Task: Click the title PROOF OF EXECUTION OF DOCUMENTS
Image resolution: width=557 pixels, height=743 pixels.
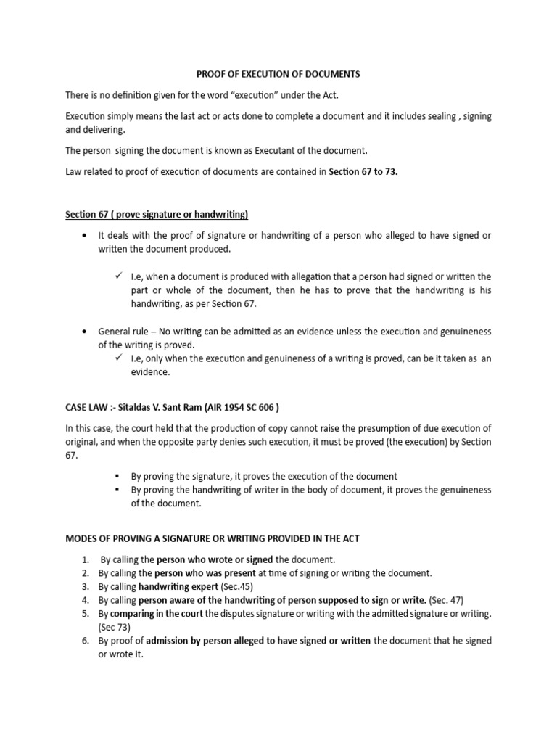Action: (x=278, y=74)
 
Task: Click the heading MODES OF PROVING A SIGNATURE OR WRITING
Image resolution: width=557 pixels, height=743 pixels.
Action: (x=213, y=538)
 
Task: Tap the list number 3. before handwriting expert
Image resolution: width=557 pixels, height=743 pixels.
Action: (x=85, y=586)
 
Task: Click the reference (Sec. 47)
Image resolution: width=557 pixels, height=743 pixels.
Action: (x=445, y=600)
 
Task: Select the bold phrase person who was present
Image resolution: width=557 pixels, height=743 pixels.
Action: (x=204, y=573)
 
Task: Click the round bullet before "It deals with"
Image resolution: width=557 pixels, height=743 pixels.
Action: (x=86, y=236)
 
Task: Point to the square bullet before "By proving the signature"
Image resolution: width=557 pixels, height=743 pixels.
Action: (x=117, y=477)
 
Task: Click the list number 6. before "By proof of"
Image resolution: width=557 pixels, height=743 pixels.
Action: (x=85, y=641)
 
